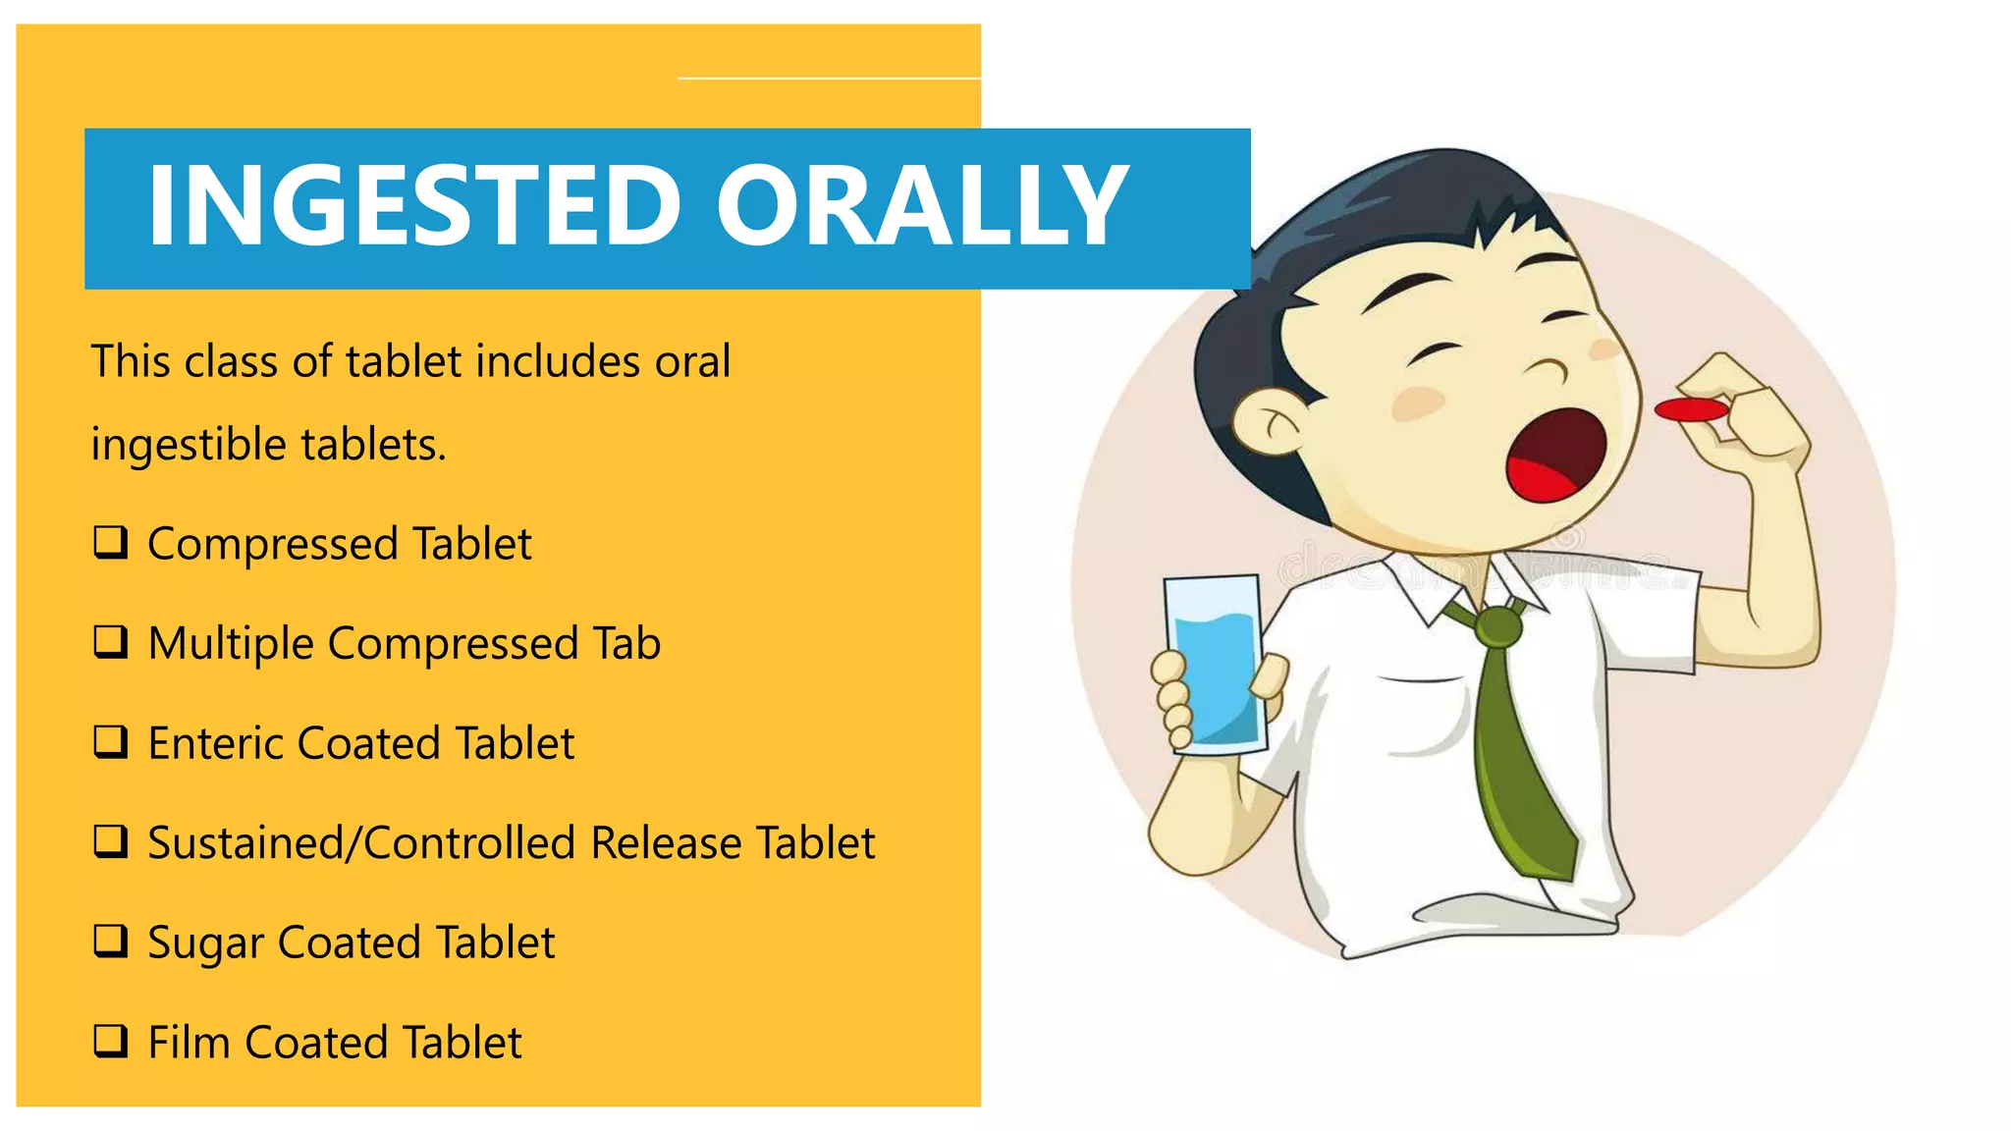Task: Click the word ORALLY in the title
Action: (x=922, y=205)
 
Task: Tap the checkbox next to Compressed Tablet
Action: (x=111, y=542)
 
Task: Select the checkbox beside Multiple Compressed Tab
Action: (x=111, y=641)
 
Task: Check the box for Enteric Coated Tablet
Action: (x=111, y=741)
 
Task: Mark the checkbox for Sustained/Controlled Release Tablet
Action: (x=111, y=840)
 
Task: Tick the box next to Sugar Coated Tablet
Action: (x=111, y=941)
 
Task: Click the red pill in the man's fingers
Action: (x=1690, y=409)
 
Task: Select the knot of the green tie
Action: (x=1496, y=625)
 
